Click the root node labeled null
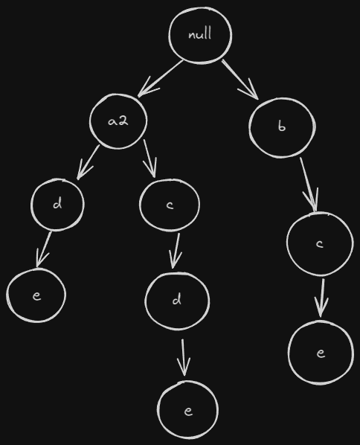(x=200, y=35)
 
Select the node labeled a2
(x=118, y=121)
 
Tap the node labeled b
(x=282, y=127)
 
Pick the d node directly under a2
(x=57, y=205)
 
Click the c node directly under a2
(x=170, y=205)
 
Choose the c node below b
(x=320, y=244)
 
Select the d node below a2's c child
(x=177, y=301)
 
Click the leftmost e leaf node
(x=36, y=295)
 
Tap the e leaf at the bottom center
(x=187, y=410)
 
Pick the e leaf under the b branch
(x=321, y=353)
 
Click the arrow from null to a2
(x=160, y=79)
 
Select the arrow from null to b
(x=240, y=80)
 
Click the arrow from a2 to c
(x=150, y=158)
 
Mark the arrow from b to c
(x=309, y=185)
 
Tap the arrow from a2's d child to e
(x=44, y=250)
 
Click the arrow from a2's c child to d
(x=176, y=251)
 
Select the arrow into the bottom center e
(x=184, y=357)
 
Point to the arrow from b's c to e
(x=322, y=298)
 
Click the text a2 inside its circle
(x=118, y=121)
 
